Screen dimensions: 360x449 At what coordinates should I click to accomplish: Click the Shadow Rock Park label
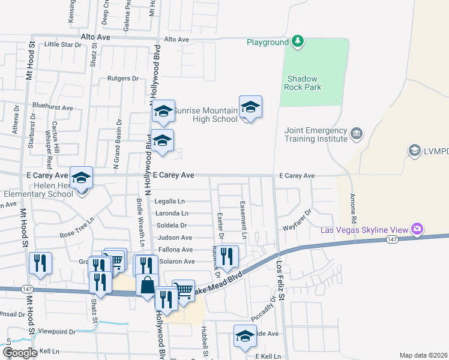(x=304, y=83)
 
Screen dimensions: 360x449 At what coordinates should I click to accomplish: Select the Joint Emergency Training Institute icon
(x=357, y=133)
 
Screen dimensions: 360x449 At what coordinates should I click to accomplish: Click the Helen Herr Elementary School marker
(x=81, y=178)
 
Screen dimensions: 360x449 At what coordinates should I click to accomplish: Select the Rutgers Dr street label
(x=123, y=78)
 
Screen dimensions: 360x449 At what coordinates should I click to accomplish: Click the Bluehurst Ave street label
(x=53, y=108)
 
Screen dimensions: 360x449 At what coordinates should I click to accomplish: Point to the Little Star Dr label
(x=62, y=44)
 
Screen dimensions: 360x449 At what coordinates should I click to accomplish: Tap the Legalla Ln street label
(x=170, y=202)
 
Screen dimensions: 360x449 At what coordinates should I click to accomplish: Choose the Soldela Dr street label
(x=171, y=226)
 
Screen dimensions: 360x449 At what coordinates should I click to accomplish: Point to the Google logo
(x=20, y=353)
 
